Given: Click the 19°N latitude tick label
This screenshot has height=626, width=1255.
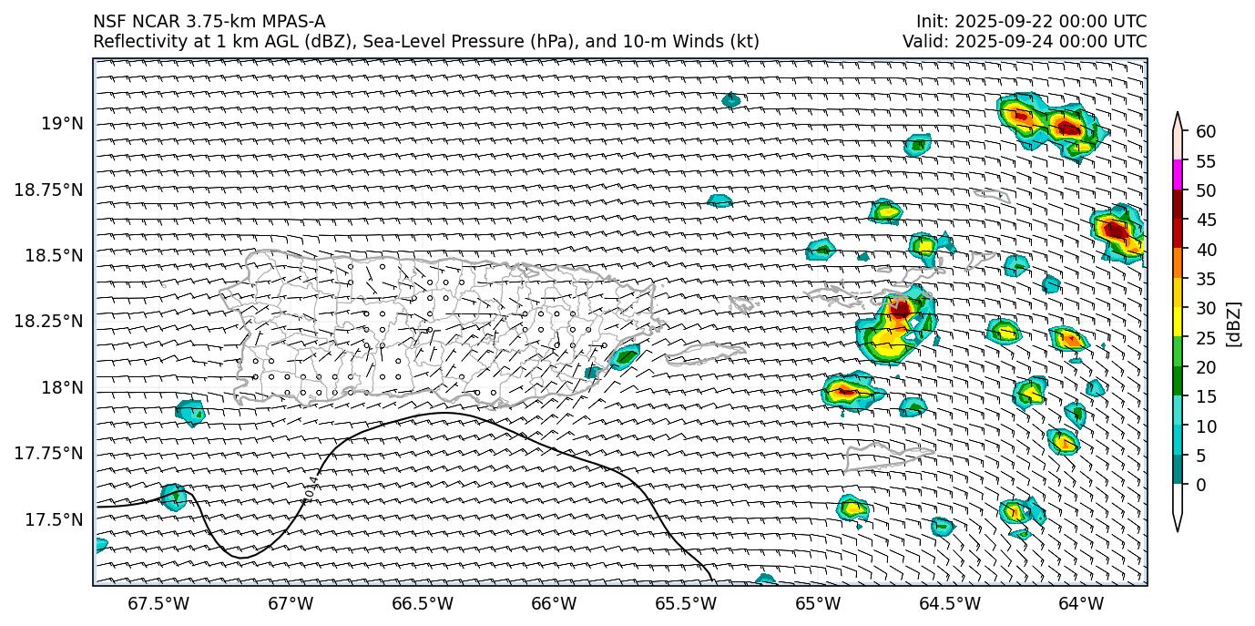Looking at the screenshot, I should (x=63, y=123).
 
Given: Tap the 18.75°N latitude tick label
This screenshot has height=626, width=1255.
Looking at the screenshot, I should (x=50, y=190).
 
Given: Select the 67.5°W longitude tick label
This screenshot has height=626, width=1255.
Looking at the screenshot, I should (x=158, y=603).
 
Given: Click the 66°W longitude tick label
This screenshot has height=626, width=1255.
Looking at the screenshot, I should (x=554, y=603).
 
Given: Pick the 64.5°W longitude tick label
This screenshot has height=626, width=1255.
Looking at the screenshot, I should (x=949, y=603).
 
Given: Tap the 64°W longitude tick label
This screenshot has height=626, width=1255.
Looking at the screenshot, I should (x=1081, y=603).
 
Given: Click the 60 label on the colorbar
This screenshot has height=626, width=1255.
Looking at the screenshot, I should (x=1206, y=132).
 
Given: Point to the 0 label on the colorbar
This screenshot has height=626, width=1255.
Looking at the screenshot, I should (x=1201, y=485).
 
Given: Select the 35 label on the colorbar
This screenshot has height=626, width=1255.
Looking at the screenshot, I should (x=1206, y=279).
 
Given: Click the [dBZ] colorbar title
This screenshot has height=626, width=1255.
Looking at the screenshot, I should (x=1235, y=323).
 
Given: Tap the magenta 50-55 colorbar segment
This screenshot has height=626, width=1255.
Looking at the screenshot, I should (x=1178, y=175).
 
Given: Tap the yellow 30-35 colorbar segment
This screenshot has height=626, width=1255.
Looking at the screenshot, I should (x=1178, y=292).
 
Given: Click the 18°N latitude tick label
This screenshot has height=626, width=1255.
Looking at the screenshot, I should (x=63, y=388).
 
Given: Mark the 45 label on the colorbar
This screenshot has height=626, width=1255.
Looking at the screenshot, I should (x=1206, y=220).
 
